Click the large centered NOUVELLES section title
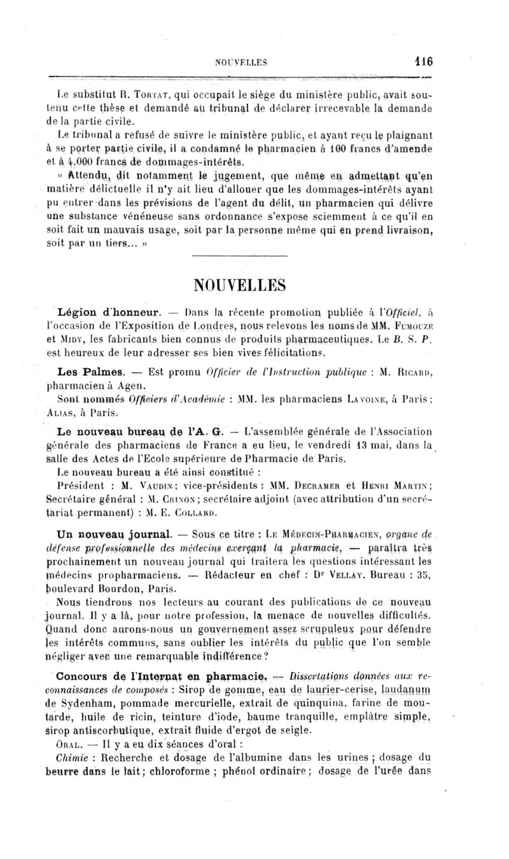coord(254,282)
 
